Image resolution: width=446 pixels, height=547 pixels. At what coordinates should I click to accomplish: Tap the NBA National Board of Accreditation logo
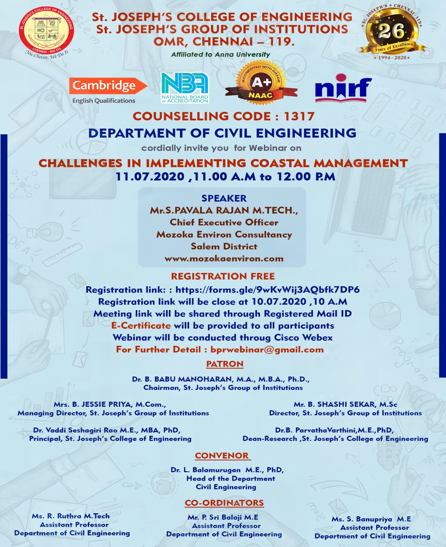click(185, 88)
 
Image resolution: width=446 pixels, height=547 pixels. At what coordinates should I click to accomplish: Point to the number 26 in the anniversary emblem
click(391, 31)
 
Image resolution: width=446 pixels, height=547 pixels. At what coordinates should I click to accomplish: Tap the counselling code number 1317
click(299, 117)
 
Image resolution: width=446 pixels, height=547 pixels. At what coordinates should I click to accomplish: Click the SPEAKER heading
click(224, 198)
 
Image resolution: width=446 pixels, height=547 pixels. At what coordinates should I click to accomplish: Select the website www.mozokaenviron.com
click(224, 259)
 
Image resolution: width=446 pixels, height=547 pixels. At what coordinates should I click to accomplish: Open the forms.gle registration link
click(267, 290)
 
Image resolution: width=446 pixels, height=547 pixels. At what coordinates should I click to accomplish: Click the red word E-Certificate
click(141, 326)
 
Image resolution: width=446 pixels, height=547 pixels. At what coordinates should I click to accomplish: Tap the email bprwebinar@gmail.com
click(267, 350)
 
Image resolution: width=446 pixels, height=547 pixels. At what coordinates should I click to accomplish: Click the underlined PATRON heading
click(225, 364)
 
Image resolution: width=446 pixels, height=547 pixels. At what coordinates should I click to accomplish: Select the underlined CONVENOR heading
click(222, 456)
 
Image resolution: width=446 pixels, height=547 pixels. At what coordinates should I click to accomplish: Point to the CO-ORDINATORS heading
click(224, 503)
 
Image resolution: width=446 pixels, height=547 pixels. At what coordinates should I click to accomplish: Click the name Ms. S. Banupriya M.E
click(371, 519)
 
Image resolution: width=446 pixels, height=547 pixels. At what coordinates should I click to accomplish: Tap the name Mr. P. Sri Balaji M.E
click(223, 517)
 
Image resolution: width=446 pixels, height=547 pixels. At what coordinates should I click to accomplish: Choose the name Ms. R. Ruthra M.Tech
click(71, 516)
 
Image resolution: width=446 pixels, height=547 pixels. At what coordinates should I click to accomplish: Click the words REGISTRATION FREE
click(223, 276)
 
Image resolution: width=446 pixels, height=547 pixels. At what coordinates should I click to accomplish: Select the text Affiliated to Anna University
click(221, 54)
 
